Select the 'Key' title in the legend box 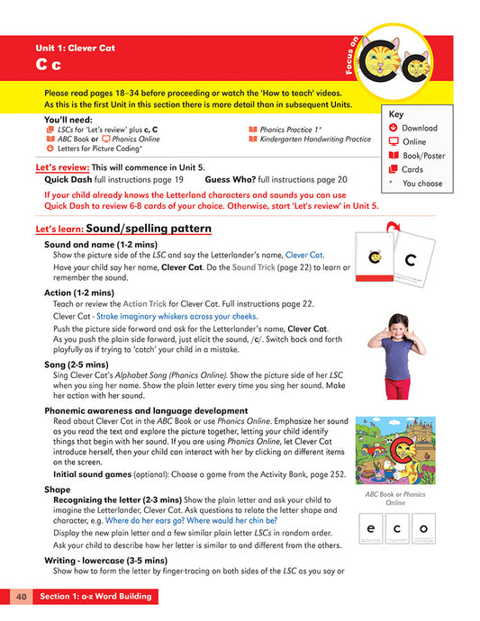[x=397, y=114]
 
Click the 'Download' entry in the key [x=419, y=129]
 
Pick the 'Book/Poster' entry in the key [x=425, y=156]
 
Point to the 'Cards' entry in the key [x=412, y=169]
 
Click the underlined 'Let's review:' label [x=62, y=167]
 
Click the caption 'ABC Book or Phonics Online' [x=395, y=499]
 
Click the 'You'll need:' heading [x=66, y=120]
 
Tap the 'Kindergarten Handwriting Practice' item [x=315, y=139]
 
